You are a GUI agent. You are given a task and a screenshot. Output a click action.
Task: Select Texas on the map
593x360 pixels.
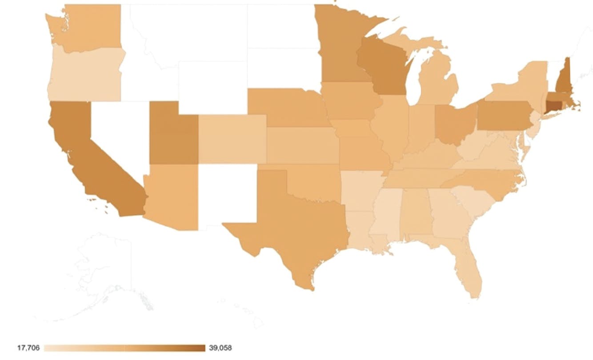(x=293, y=222)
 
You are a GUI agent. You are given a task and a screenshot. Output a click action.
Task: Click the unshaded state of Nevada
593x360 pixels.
(x=118, y=133)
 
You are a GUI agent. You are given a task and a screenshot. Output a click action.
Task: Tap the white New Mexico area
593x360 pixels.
(x=227, y=193)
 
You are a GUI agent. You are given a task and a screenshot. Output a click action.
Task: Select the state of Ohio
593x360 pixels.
(x=453, y=122)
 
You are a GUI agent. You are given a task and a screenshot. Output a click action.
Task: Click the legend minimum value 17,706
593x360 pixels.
(x=28, y=348)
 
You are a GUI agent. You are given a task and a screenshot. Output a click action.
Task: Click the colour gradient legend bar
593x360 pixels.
(x=124, y=348)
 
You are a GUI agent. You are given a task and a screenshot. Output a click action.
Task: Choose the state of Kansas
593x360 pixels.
(x=302, y=144)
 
